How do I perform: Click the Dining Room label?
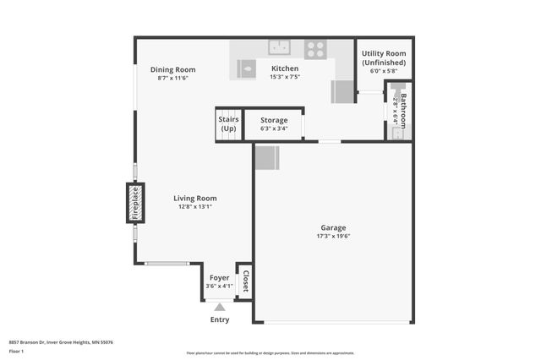(x=172, y=69)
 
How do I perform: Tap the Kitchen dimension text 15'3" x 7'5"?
(x=285, y=77)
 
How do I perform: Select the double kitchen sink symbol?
(x=280, y=47)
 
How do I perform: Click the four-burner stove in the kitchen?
(x=316, y=49)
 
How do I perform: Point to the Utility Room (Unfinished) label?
(x=384, y=57)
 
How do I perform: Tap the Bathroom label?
(x=403, y=108)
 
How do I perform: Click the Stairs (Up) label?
(x=228, y=123)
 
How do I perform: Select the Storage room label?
(x=274, y=120)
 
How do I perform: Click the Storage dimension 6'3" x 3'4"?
(x=274, y=128)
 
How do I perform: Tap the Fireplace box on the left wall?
(x=135, y=203)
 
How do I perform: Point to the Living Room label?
(x=195, y=198)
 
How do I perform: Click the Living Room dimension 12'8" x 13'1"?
(x=195, y=206)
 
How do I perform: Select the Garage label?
(x=333, y=227)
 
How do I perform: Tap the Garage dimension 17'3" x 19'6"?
(x=333, y=236)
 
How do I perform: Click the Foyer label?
(x=219, y=277)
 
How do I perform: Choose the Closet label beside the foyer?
(x=244, y=281)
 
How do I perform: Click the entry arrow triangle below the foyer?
(x=220, y=308)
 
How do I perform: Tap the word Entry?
(x=219, y=319)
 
